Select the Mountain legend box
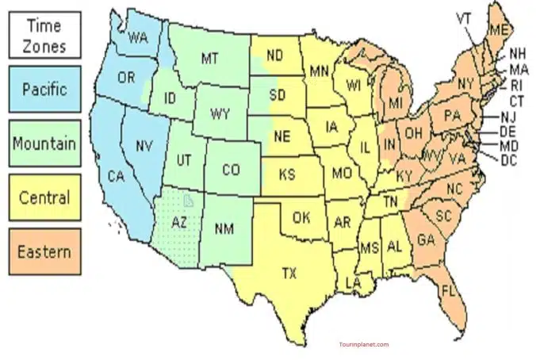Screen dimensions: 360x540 46,144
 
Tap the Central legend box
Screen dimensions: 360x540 46,197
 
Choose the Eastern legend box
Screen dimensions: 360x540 46,252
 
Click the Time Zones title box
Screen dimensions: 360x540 46,35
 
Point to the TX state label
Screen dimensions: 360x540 289,274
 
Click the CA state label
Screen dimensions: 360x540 116,176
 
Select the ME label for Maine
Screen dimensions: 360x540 498,29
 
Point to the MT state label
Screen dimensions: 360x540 209,58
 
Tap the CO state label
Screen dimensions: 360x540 231,169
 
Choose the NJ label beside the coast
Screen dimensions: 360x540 508,117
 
